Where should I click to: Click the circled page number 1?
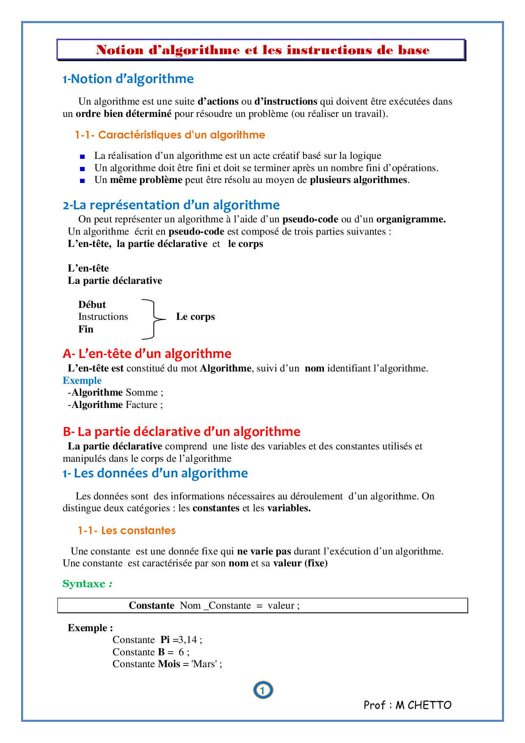tap(263, 690)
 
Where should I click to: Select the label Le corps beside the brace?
tap(195, 317)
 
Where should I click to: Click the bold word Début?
tap(92, 305)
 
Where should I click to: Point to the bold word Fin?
tap(86, 329)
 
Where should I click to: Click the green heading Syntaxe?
tap(84, 584)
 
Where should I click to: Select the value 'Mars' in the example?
tap(204, 664)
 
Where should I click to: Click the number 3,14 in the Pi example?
tap(187, 640)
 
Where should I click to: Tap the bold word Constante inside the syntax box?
tap(152, 605)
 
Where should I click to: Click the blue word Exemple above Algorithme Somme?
tap(82, 380)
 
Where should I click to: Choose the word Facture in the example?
tap(141, 405)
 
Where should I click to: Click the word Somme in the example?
tap(141, 392)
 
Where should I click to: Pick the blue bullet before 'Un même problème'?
tap(83, 180)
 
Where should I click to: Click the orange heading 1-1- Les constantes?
tap(127, 530)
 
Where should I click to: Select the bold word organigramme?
tap(410, 219)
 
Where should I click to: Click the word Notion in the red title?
tap(120, 50)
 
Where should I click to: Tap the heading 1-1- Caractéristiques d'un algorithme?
tap(170, 135)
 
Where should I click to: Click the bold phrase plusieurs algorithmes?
tap(358, 180)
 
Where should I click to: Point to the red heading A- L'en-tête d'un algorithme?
tap(147, 354)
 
